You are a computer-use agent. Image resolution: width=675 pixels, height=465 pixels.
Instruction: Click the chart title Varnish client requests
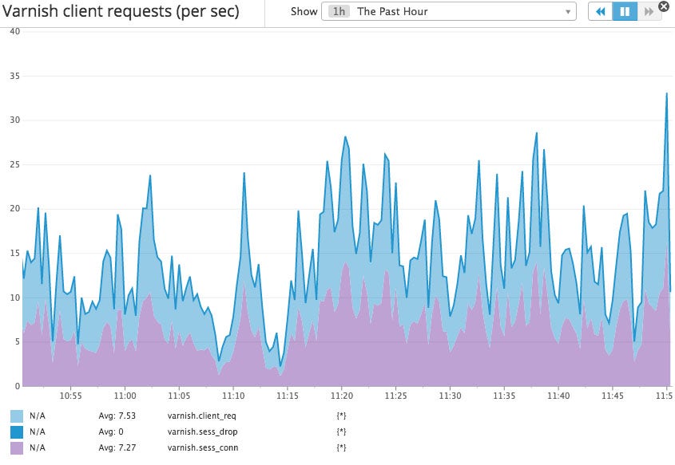[x=120, y=13]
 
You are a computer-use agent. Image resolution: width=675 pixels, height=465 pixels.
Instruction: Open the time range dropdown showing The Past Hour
[x=449, y=12]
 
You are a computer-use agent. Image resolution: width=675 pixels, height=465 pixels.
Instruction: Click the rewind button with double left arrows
[x=600, y=12]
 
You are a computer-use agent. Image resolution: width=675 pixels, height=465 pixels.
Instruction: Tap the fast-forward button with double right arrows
[x=649, y=12]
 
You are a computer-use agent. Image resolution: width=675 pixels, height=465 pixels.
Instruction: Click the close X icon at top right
[x=664, y=6]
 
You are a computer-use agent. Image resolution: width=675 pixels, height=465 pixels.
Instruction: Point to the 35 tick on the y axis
[x=14, y=76]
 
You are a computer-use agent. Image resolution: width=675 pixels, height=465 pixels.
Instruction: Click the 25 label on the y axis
[x=14, y=164]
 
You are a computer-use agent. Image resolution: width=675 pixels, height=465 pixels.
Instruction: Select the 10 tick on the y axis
[x=14, y=298]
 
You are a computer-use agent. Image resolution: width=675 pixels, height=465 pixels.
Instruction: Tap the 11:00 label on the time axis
[x=125, y=396]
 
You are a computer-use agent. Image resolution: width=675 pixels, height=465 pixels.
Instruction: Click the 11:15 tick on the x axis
[x=288, y=396]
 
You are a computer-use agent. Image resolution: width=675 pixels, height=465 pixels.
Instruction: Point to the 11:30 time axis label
[x=451, y=396]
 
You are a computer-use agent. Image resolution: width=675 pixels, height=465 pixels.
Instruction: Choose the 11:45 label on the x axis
[x=613, y=396]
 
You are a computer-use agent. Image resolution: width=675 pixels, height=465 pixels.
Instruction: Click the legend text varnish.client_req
[x=201, y=416]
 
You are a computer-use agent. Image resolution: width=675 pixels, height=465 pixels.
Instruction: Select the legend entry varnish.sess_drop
[x=201, y=432]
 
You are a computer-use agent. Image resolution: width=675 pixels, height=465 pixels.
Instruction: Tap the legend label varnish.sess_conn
[x=203, y=447]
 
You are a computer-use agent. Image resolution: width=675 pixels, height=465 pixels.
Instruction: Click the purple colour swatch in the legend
[x=17, y=448]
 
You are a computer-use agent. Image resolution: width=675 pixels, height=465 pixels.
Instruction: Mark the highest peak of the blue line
[x=666, y=94]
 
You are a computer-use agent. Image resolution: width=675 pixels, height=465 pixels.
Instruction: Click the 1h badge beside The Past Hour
[x=338, y=12]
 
